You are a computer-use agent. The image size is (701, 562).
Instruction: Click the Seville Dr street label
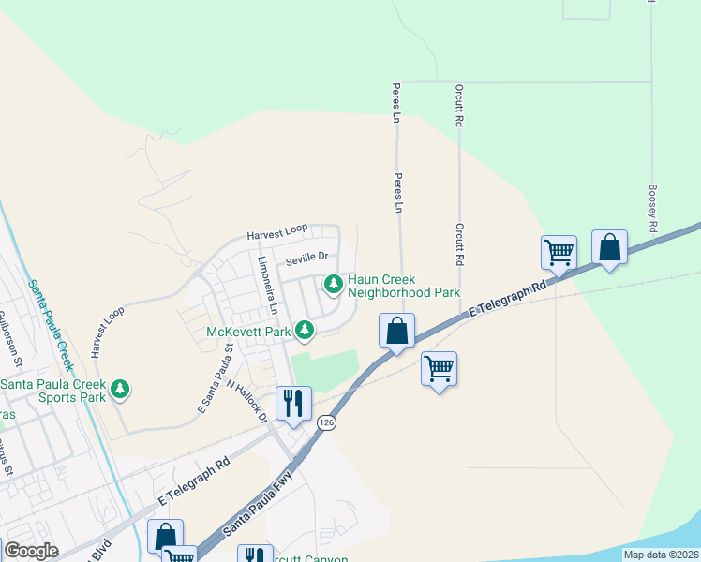coord(307,256)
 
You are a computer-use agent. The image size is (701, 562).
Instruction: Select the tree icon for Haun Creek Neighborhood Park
coord(332,283)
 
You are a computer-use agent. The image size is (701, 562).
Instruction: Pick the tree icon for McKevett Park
coord(304,330)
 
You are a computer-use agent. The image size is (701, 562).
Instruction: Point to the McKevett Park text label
coord(247,331)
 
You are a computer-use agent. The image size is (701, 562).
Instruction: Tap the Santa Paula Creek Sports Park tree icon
coord(119,389)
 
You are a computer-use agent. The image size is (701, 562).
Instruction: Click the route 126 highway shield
coord(326,423)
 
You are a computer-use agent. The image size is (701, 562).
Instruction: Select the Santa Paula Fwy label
coord(258,505)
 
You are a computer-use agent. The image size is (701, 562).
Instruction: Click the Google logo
coord(30,551)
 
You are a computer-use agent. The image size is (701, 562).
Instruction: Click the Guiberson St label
coord(10,336)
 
